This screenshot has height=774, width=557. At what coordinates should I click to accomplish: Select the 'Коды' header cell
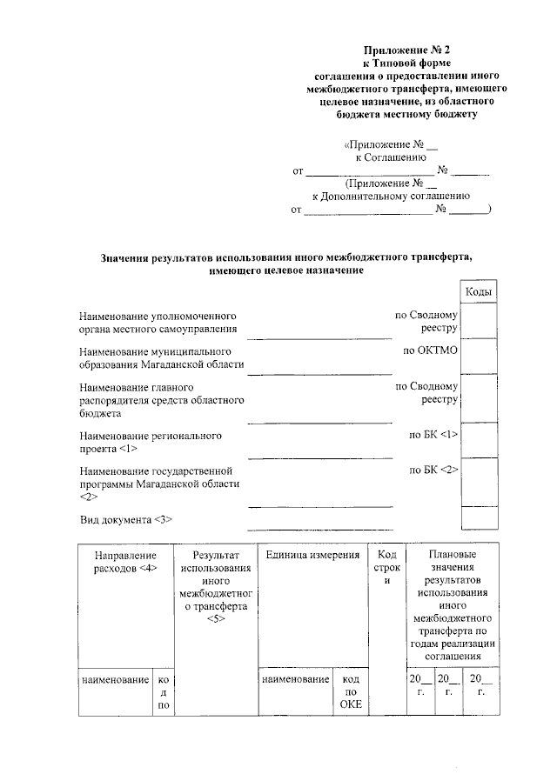pyautogui.click(x=479, y=292)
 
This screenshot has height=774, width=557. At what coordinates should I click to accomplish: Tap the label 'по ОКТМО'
pyautogui.click(x=430, y=350)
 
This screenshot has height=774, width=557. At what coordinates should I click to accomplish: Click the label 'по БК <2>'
pyautogui.click(x=433, y=470)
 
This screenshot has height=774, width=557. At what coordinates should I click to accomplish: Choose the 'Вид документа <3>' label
pyautogui.click(x=125, y=520)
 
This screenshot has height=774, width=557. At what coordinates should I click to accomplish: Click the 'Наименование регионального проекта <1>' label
pyautogui.click(x=150, y=441)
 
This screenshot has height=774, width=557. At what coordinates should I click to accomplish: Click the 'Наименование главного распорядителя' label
pyautogui.click(x=160, y=399)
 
